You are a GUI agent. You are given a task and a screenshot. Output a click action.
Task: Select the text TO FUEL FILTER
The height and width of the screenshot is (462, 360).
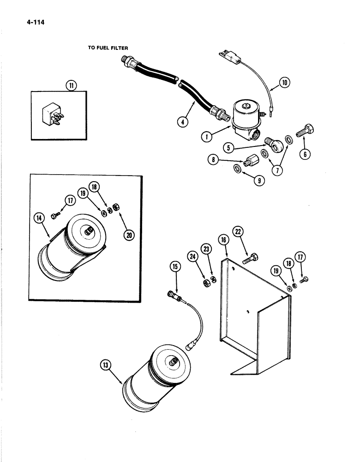click(x=108, y=48)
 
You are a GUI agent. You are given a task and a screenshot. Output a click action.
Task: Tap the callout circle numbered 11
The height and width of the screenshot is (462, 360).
click(x=71, y=85)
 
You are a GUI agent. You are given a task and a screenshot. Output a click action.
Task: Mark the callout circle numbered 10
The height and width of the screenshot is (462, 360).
click(x=285, y=83)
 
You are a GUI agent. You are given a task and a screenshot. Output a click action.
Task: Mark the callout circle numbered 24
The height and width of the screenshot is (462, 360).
click(x=192, y=255)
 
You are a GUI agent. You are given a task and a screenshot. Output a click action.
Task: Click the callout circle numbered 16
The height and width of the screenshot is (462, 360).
click(x=223, y=239)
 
